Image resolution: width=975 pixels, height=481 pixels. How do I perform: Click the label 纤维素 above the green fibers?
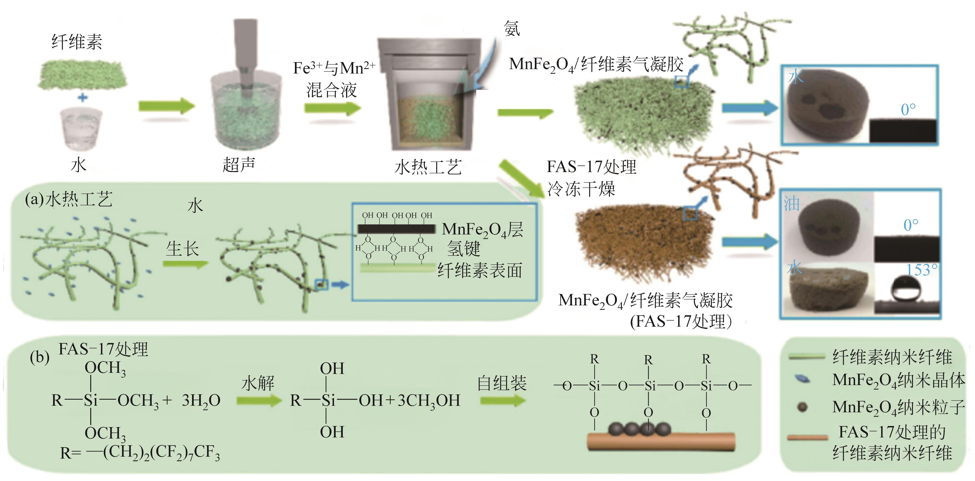77,42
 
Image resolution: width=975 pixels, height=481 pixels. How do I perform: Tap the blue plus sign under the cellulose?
83,98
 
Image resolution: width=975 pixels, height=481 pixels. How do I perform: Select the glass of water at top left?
82,129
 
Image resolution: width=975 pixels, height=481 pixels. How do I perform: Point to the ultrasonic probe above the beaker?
245,49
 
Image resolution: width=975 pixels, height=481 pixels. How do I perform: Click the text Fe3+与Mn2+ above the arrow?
334,68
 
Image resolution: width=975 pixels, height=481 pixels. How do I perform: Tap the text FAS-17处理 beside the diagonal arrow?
591,167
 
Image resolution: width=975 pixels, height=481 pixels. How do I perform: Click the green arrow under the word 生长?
185,264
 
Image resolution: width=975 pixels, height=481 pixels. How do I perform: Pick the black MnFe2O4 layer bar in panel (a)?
396,228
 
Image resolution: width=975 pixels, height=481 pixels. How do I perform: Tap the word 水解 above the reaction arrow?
258,383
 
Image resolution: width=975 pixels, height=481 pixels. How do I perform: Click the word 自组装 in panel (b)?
502,383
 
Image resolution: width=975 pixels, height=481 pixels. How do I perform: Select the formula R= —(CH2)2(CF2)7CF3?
140,452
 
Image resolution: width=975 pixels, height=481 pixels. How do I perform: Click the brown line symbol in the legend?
807,438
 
